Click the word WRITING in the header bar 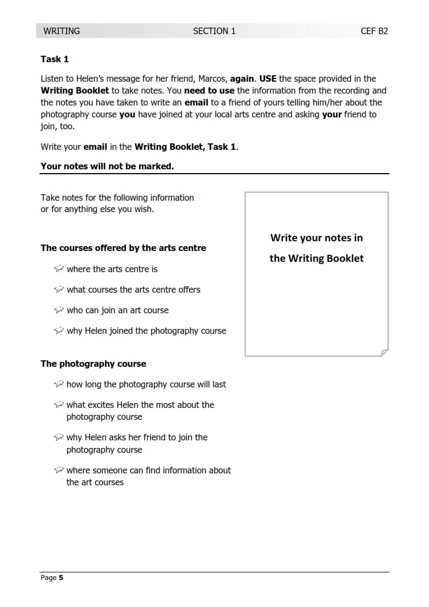61,31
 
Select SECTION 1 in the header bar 214,31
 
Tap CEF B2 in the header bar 374,31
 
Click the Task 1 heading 55,59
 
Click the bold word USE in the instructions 268,78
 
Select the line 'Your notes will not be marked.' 107,166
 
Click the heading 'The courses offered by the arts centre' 123,248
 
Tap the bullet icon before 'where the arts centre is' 59,269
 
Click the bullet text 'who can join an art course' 117,310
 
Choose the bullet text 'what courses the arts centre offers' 133,289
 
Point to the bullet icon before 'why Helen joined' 59,331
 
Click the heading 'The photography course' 93,364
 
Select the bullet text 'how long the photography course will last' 146,384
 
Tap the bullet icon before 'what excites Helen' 59,405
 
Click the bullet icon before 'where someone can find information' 59,470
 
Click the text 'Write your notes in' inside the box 316,237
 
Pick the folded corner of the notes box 385,353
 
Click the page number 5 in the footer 61,578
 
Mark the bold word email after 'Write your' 95,147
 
